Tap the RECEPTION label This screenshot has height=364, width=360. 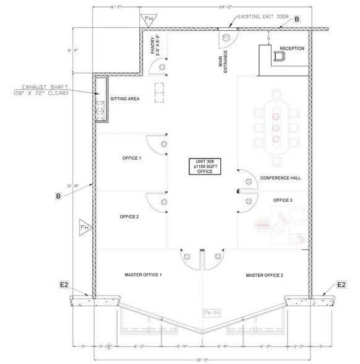pyautogui.click(x=292, y=48)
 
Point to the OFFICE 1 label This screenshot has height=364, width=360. pyautogui.click(x=131, y=158)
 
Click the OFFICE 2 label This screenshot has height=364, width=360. pyautogui.click(x=129, y=217)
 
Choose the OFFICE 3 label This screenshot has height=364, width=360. pyautogui.click(x=283, y=201)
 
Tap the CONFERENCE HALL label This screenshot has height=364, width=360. pyautogui.click(x=280, y=178)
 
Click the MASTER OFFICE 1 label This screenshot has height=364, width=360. pyautogui.click(x=144, y=274)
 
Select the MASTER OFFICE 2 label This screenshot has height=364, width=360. pyautogui.click(x=265, y=274)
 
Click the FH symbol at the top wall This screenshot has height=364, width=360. pyautogui.click(x=148, y=19)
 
